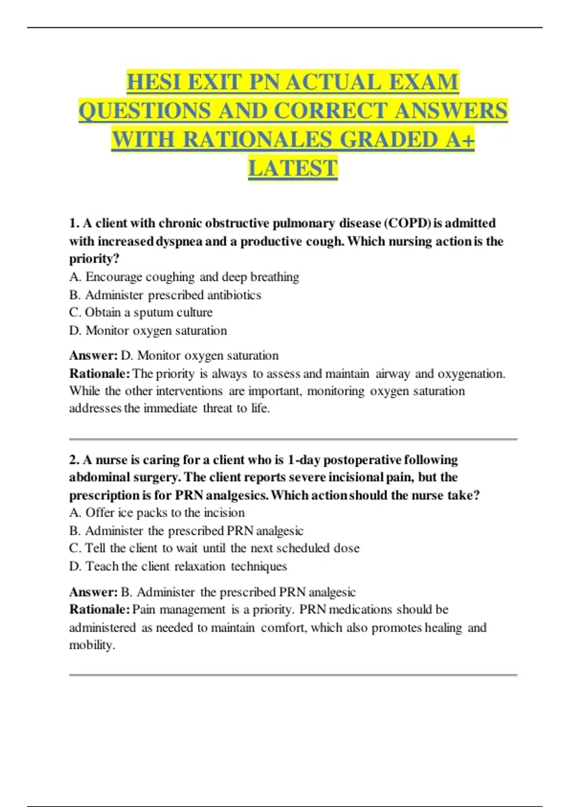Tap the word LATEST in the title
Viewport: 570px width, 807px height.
(293, 169)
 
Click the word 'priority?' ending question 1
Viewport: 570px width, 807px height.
(94, 259)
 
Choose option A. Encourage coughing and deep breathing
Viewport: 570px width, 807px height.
(184, 277)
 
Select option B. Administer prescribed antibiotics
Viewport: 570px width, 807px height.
(165, 295)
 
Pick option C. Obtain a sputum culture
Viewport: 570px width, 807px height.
(141, 312)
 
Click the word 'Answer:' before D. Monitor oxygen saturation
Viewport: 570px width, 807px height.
(93, 356)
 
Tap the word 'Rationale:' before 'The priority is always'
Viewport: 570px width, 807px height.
(99, 374)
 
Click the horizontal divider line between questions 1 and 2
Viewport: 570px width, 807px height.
(293, 439)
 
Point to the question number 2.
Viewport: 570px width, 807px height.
(74, 460)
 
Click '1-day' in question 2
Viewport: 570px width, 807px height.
(304, 460)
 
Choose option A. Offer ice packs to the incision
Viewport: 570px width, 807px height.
(157, 513)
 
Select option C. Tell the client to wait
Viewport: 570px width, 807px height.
(214, 548)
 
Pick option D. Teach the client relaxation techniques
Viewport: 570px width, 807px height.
(178, 566)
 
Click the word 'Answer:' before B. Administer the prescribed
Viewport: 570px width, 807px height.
(93, 592)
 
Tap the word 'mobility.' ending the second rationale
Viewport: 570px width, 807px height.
(92, 645)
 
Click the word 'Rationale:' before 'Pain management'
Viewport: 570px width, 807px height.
(99, 610)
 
